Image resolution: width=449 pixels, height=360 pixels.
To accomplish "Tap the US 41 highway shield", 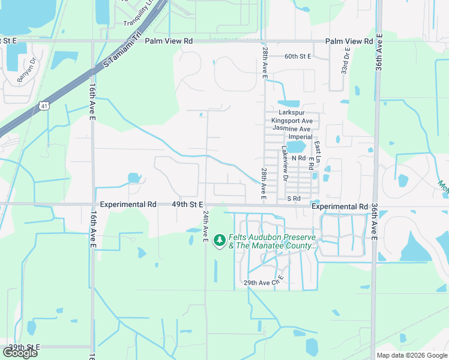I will [45, 106].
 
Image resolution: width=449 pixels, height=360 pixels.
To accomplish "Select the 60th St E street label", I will [298, 56].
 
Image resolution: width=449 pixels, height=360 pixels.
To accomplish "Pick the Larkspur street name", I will [293, 112].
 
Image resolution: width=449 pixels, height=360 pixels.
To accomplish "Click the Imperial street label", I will [301, 137].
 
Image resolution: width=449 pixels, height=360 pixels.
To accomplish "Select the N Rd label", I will [298, 158].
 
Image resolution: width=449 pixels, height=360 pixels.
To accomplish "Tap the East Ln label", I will [318, 153].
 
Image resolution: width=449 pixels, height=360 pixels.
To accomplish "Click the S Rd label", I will [293, 198].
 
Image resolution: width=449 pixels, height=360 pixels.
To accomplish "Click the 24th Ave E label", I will [205, 226].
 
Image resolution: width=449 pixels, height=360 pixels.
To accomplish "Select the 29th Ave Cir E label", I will [263, 283].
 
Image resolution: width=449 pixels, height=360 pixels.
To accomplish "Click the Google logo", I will [20, 353].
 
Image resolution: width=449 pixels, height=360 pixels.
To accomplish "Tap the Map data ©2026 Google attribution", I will [411, 355].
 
